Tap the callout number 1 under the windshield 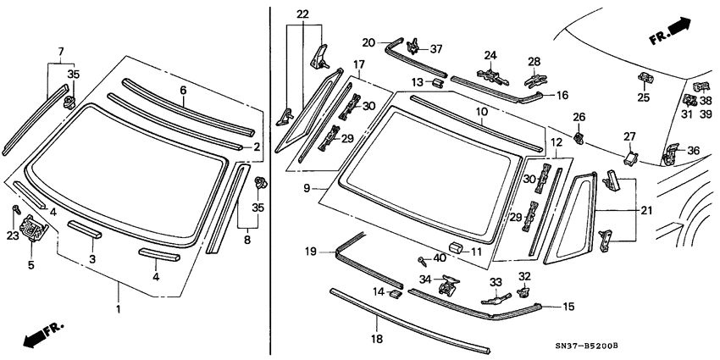click(x=118, y=309)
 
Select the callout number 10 click(x=480, y=112)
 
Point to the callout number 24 click(x=490, y=56)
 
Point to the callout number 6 click(x=182, y=89)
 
